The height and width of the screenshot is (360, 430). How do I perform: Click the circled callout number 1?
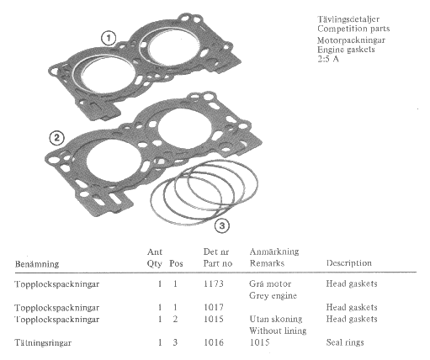(x=109, y=38)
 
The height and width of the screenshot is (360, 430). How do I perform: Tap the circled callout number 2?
(x=57, y=138)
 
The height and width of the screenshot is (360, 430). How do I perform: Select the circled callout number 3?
(x=222, y=225)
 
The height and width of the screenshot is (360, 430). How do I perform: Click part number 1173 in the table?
(x=214, y=284)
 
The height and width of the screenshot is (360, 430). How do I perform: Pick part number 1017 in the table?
(x=214, y=308)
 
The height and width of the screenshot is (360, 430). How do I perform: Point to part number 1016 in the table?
(x=214, y=342)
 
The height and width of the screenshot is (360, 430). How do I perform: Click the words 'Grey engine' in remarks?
(x=273, y=296)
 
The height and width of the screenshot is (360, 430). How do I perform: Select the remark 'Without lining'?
(x=278, y=331)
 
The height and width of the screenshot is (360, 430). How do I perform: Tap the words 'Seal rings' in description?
(x=345, y=342)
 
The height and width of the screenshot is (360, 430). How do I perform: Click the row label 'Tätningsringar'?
(x=43, y=343)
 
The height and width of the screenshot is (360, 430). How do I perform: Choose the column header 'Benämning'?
(x=37, y=264)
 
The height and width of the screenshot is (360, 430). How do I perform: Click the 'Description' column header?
(x=349, y=263)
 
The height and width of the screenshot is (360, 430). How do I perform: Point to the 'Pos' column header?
(x=176, y=263)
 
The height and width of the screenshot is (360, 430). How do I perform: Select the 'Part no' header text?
(x=218, y=263)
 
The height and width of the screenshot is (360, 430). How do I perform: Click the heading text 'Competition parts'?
(x=353, y=29)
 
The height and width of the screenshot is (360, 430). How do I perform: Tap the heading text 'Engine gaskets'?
(x=346, y=50)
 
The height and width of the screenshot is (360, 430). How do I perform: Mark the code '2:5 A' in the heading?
(x=328, y=59)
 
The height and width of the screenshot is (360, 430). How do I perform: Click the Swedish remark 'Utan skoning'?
(x=276, y=320)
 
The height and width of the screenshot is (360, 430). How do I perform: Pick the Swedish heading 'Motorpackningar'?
(x=351, y=40)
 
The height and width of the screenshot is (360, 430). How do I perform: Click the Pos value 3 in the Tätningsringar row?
(x=175, y=342)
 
